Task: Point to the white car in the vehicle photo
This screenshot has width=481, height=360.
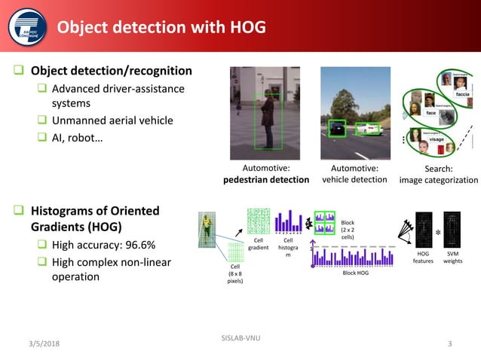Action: [x=370, y=130]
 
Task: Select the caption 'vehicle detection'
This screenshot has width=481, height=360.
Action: [x=355, y=180]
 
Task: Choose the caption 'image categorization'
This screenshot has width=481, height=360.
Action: [x=438, y=180]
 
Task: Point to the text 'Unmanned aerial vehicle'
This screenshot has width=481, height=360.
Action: [x=112, y=120]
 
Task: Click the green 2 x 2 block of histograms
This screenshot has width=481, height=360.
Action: [x=325, y=222]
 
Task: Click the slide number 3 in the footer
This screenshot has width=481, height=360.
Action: [x=449, y=344]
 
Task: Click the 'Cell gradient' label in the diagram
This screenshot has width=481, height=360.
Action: [x=259, y=245]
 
